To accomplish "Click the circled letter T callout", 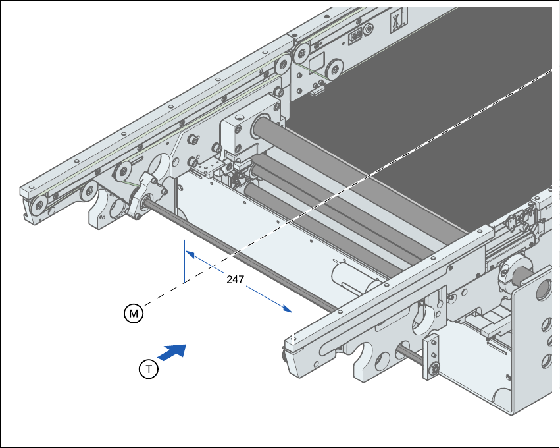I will tap(149, 370).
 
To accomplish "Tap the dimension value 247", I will tap(235, 279).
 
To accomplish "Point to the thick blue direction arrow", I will tap(172, 352).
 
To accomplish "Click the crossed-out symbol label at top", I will tap(395, 20).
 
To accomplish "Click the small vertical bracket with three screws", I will tap(432, 357).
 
